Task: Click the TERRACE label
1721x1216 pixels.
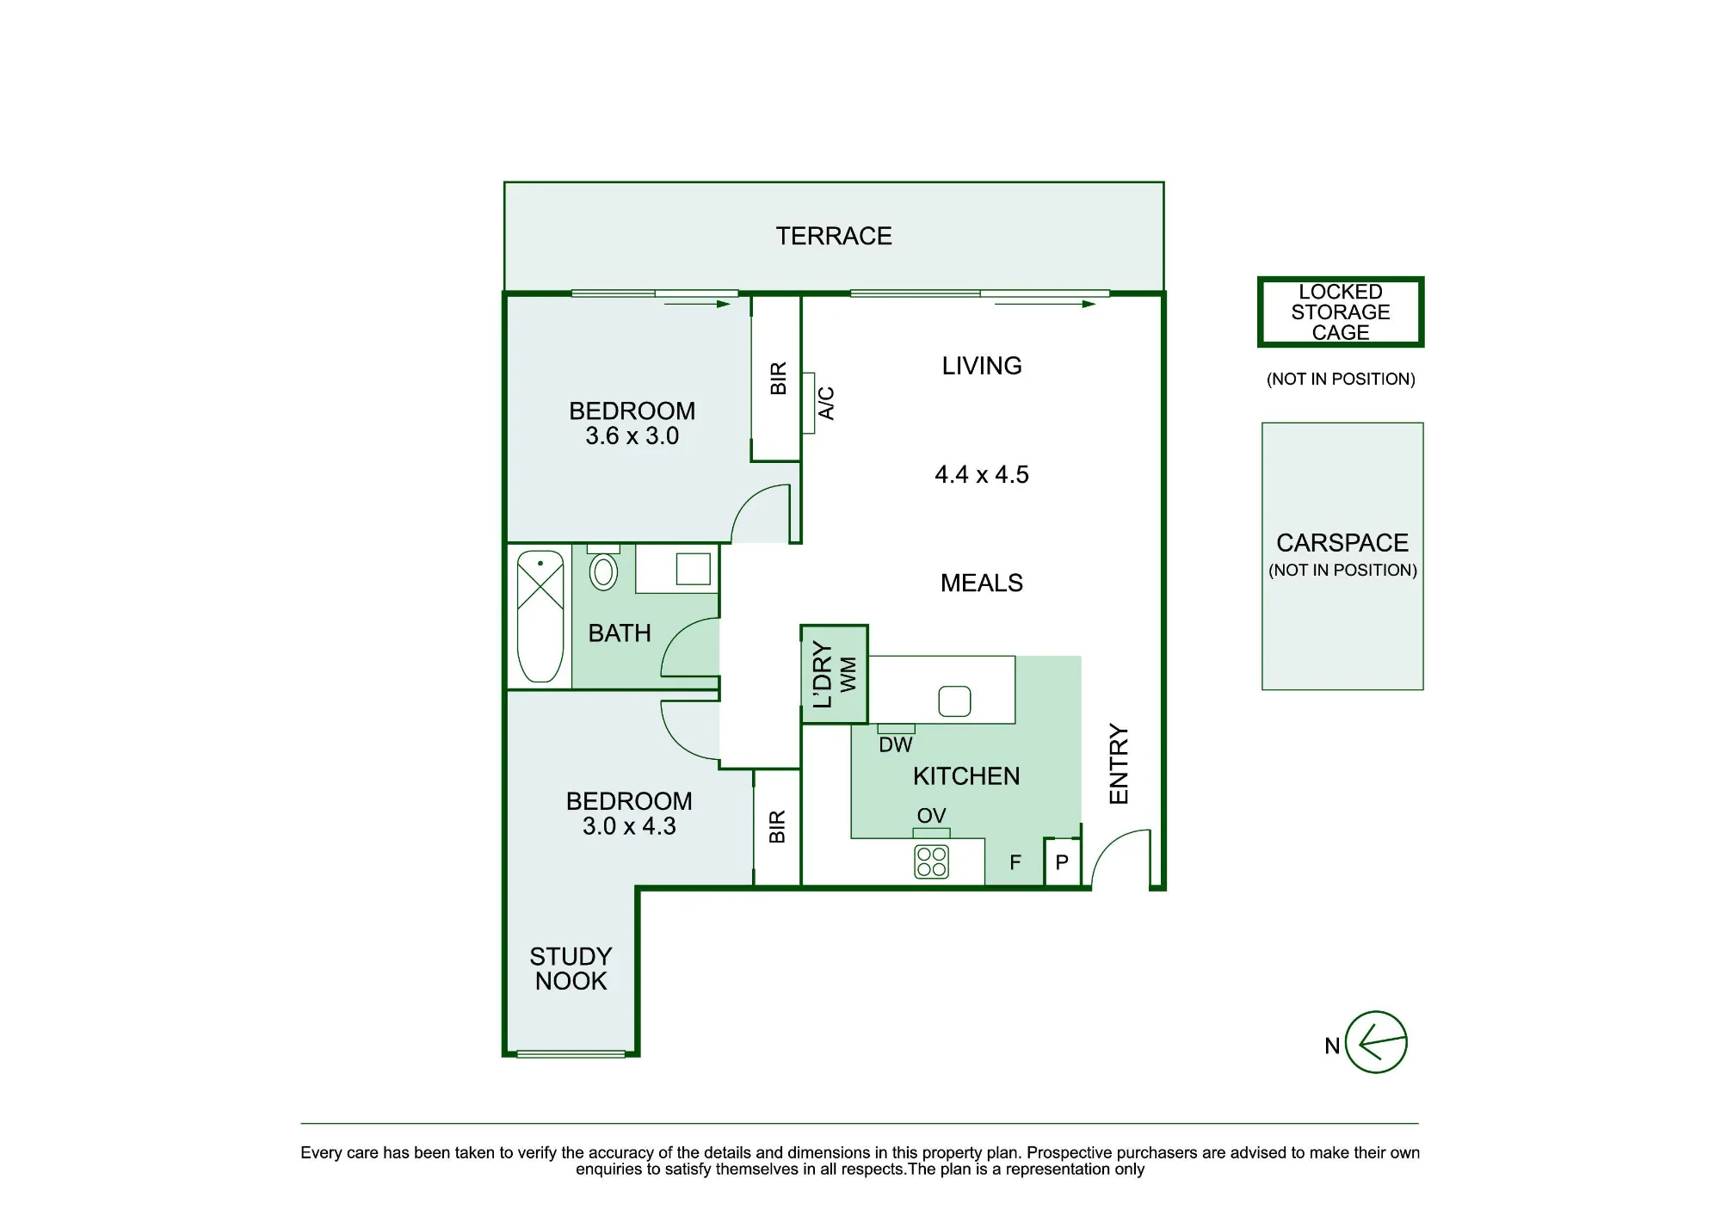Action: tap(834, 236)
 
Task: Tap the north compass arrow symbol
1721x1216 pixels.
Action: tap(1376, 1042)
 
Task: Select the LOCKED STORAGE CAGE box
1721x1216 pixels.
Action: tap(1341, 312)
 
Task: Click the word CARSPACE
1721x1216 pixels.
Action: tap(1342, 543)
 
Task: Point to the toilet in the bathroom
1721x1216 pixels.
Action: tap(603, 568)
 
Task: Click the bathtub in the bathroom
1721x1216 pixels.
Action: tap(540, 616)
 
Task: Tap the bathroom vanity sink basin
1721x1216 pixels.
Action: tap(693, 569)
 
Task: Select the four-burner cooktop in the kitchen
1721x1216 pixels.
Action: tap(931, 861)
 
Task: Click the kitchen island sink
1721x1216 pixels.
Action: tap(954, 701)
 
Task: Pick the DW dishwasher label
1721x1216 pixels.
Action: tap(895, 745)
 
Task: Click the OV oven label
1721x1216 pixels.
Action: tap(931, 816)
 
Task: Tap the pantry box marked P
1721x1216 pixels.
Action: tap(1063, 861)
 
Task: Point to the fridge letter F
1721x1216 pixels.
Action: tap(1015, 862)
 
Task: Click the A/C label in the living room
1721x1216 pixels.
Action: tap(826, 403)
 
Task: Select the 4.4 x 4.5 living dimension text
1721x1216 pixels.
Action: tap(982, 474)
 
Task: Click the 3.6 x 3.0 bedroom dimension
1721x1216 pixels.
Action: tap(632, 436)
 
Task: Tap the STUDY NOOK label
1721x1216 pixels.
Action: tap(571, 969)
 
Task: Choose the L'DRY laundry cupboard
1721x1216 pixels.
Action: tap(834, 675)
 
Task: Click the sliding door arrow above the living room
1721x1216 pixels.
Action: tap(1045, 304)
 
